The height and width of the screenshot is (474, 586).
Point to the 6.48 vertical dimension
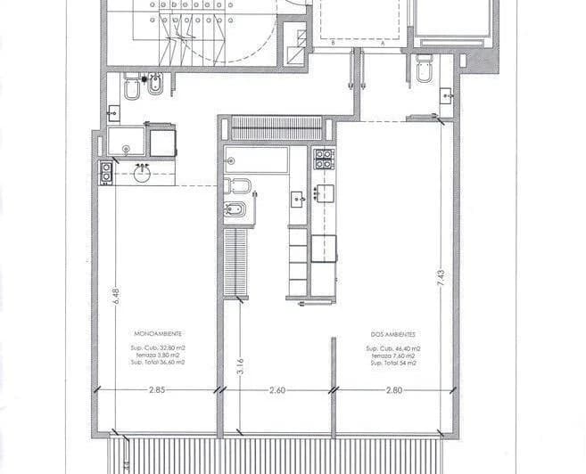click(115, 296)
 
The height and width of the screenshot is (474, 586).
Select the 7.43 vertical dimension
click(440, 276)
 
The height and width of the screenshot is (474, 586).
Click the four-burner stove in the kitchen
click(323, 159)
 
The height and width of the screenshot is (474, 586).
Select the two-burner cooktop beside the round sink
click(106, 172)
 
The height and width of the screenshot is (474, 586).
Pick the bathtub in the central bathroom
click(257, 160)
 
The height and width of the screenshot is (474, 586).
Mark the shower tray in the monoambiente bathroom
click(128, 143)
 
